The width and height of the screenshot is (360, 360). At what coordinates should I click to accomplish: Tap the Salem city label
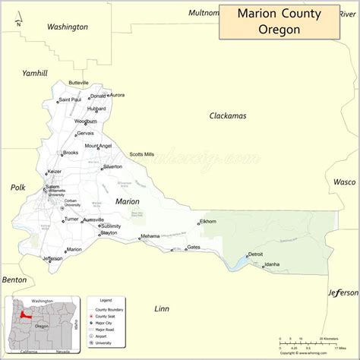(x=52, y=186)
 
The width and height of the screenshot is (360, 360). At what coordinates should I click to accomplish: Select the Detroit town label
(x=255, y=254)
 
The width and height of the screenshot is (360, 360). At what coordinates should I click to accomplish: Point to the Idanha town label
(x=271, y=264)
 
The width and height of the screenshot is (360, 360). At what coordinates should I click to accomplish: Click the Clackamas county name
(x=228, y=115)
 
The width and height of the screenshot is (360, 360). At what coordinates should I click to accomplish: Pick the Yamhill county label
(x=35, y=73)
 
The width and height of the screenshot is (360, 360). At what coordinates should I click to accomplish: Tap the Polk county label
(x=17, y=187)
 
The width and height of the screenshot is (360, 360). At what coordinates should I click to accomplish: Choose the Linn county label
(x=162, y=308)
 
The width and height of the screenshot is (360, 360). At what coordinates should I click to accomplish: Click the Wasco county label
(x=344, y=182)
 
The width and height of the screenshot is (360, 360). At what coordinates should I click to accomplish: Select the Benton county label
(x=14, y=279)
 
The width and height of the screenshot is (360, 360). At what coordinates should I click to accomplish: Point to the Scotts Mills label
(x=141, y=154)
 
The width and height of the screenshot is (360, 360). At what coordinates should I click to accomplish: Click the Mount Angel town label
(x=98, y=146)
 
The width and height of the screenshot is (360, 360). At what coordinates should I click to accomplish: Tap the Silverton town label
(x=112, y=166)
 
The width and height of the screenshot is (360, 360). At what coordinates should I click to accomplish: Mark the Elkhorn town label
(x=207, y=221)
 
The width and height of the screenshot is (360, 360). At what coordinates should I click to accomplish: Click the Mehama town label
(x=150, y=236)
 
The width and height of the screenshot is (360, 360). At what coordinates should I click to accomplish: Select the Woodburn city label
(x=85, y=121)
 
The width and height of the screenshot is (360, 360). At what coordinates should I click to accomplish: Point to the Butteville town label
(x=78, y=82)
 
